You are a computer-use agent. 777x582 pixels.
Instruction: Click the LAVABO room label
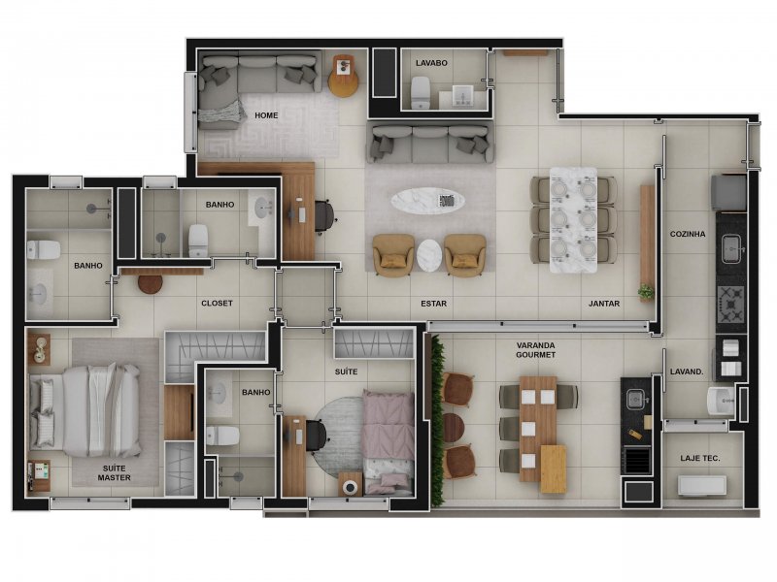pos(431,63)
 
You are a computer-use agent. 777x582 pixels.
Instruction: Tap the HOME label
pos(266,115)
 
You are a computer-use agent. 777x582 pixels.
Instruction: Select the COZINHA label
pos(688,234)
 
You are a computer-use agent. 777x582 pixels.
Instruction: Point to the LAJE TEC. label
pos(699,458)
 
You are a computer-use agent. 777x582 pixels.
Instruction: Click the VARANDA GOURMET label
pos(536,350)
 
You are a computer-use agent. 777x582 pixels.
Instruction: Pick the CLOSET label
pos(217,303)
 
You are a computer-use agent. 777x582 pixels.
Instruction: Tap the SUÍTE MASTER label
pos(114,472)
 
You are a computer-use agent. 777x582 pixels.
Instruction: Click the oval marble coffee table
pos(427,201)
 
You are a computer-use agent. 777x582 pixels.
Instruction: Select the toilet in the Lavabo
pos(421,92)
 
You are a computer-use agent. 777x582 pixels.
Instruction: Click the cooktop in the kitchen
pos(730,304)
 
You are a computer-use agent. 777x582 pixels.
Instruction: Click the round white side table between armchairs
pos(429,255)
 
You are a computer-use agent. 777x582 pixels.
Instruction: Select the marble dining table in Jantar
pos(573,220)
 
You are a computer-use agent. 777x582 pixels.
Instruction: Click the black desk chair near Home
pos(324,215)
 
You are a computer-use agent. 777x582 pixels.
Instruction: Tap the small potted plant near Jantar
pos(646,291)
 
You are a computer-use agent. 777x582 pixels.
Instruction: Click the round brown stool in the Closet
pos(151,283)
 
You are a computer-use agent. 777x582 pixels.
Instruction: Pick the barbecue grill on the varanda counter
pos(637,459)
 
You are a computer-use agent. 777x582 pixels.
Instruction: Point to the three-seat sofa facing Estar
pos(430,144)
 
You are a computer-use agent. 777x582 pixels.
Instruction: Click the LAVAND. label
pos(687,372)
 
